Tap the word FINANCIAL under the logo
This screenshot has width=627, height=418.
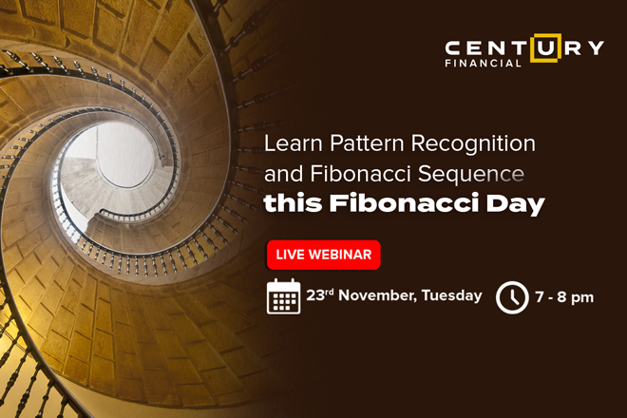click(x=483, y=64)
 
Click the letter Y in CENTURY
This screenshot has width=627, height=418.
click(x=596, y=48)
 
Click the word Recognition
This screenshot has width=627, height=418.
click(x=473, y=144)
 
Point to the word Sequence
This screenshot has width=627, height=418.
click(x=470, y=175)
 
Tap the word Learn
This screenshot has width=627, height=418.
click(x=294, y=143)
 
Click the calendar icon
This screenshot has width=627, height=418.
click(x=283, y=296)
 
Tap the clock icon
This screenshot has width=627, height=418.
click(x=512, y=297)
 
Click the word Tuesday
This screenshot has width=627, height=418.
click(x=452, y=296)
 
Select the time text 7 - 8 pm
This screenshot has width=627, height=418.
click(x=564, y=297)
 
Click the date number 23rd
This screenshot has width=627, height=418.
click(x=320, y=295)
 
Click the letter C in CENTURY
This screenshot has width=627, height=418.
click(x=453, y=48)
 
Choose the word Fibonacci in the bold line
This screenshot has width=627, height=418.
click(x=404, y=202)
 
